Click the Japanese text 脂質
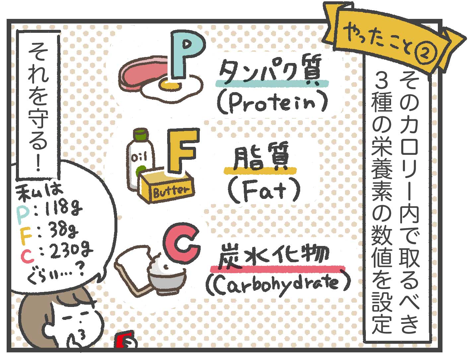(260, 159)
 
